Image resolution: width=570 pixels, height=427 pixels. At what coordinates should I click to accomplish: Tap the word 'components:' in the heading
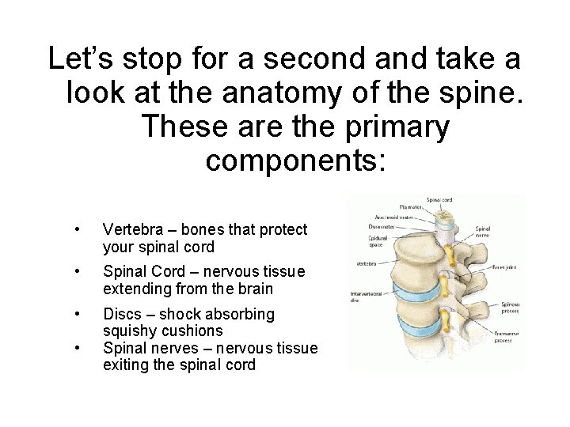click(x=295, y=161)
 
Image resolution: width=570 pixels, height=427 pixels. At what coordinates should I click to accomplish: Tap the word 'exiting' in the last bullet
click(x=127, y=365)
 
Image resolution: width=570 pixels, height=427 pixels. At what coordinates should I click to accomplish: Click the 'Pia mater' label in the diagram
click(x=411, y=208)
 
